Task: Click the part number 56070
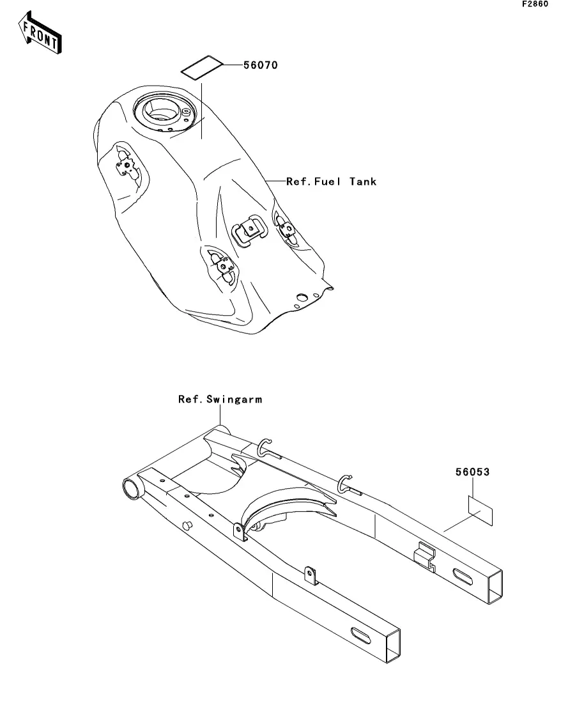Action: pos(261,65)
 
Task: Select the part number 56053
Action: pos(473,472)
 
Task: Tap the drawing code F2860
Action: pos(535,4)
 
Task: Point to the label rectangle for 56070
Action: pos(202,68)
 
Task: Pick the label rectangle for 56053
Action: pos(480,511)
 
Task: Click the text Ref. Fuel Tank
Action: pos(332,182)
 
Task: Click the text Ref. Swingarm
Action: pos(220,399)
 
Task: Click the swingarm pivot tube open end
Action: pos(131,489)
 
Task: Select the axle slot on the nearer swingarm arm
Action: pos(361,635)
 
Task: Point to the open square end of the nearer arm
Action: pos(393,646)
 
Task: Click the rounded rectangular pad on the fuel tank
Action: pos(250,230)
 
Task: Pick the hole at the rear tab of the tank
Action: pos(302,297)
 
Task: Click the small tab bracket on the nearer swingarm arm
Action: pos(311,576)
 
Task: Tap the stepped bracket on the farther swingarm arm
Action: pos(425,557)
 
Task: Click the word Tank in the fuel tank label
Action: pos(363,182)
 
